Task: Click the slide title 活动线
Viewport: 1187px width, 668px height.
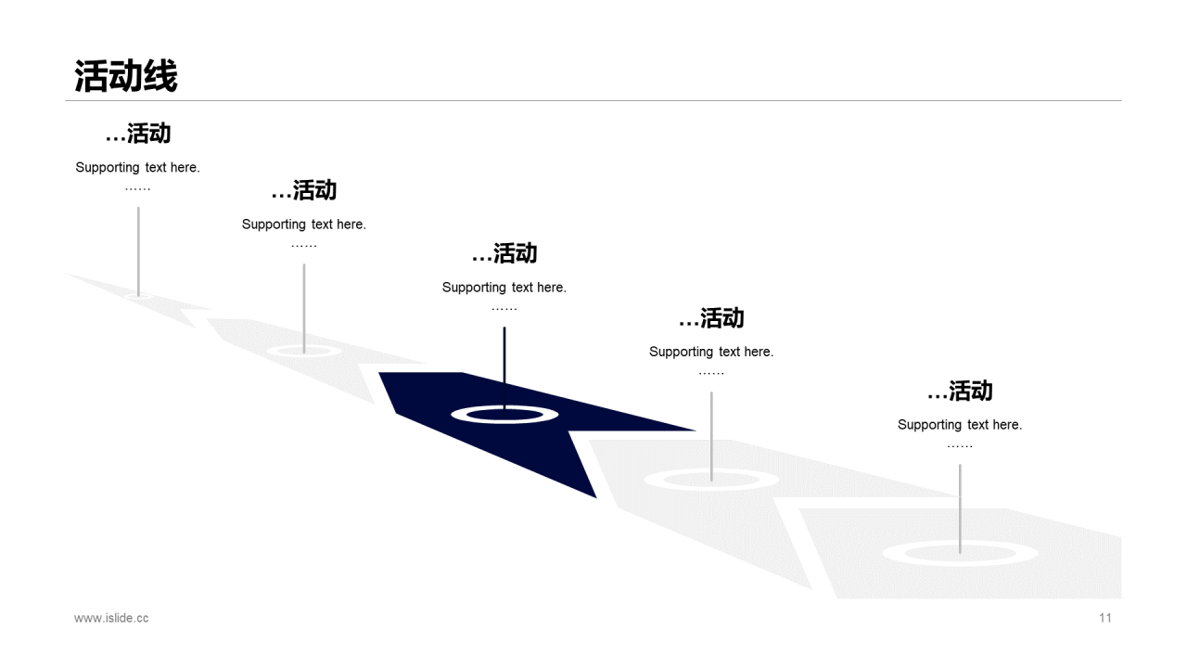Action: [x=126, y=76]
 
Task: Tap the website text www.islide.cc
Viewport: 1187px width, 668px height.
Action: [x=111, y=618]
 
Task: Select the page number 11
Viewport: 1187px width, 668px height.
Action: [x=1104, y=618]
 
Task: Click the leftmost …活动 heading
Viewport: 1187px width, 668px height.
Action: [x=138, y=134]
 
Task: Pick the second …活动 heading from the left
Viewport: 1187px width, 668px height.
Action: [x=304, y=191]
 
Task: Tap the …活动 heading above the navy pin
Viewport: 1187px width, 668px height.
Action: [x=504, y=253]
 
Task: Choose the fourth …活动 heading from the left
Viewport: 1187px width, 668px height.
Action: [x=711, y=318]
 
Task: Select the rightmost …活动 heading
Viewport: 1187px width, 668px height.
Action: [x=960, y=392]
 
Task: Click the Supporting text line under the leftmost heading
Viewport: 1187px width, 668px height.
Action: [x=137, y=168]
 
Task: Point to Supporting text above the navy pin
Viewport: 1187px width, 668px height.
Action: [x=504, y=288]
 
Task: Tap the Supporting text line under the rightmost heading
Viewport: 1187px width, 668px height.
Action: [x=960, y=425]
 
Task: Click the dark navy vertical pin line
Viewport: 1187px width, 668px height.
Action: [x=504, y=362]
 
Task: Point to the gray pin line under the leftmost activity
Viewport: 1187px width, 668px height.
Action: [x=138, y=246]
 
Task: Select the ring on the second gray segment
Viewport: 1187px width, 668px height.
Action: [x=329, y=351]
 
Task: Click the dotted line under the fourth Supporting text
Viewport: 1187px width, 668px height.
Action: [x=711, y=373]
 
